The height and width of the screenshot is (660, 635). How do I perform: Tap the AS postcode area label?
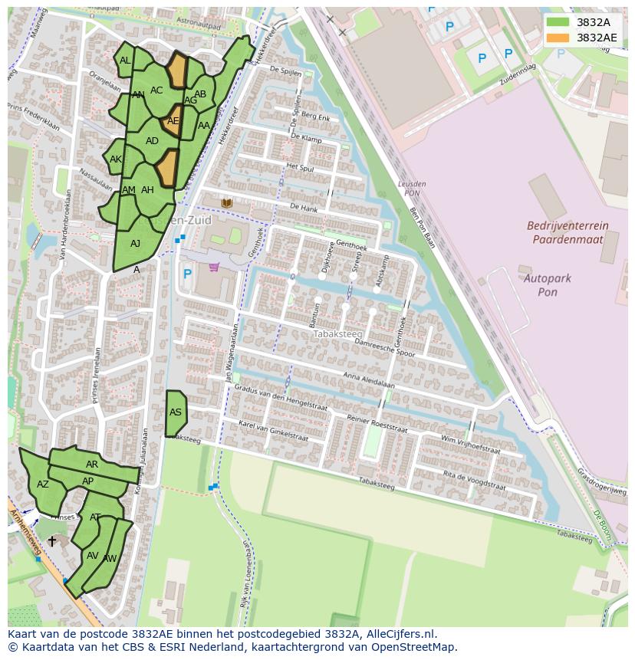tap(176, 412)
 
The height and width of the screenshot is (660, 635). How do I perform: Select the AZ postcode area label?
tap(43, 484)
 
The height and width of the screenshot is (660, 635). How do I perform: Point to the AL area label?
tap(125, 61)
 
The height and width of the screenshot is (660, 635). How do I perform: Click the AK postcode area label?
tap(116, 159)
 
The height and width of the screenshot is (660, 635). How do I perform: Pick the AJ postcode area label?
tap(135, 244)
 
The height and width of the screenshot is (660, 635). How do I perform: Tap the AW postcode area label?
tap(110, 559)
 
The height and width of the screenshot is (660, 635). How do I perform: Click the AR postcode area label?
tap(92, 465)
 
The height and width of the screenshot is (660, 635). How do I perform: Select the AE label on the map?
tap(173, 121)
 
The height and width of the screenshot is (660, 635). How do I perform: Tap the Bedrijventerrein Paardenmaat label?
tap(568, 232)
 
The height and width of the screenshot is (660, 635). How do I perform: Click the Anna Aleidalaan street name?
tap(368, 380)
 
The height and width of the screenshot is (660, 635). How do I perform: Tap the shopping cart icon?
tap(214, 268)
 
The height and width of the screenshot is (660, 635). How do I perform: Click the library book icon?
tap(227, 203)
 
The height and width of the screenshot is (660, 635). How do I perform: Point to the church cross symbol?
tap(51, 541)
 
